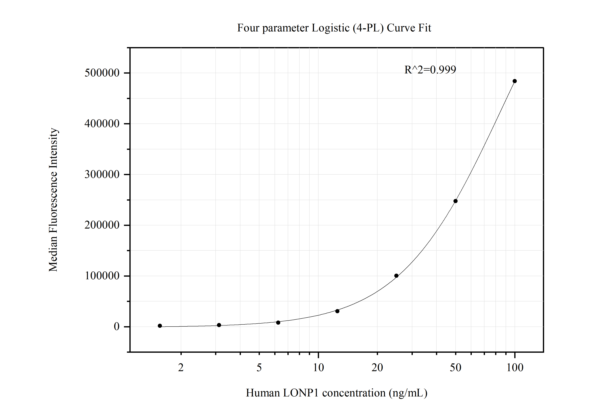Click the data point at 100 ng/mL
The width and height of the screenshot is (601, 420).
coord(515,81)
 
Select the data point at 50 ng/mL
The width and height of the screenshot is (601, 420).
coord(455,201)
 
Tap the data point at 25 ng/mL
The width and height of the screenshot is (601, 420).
coord(396,276)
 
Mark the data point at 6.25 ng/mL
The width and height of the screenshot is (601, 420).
coord(278,323)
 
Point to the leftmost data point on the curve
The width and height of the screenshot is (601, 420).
coord(160,326)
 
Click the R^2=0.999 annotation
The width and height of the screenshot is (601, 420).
coord(430,70)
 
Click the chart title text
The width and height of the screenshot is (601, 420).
coord(334,28)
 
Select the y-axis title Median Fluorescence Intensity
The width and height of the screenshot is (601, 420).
coord(53,200)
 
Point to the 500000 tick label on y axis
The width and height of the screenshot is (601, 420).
coord(102,73)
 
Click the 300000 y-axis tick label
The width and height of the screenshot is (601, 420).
coord(102,175)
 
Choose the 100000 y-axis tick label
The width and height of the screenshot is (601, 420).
coord(102,276)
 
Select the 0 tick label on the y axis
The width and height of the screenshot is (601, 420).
coord(116,327)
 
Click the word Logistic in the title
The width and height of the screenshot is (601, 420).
coord(330,28)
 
